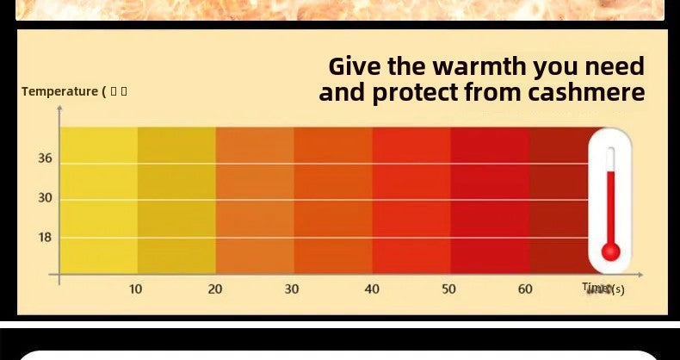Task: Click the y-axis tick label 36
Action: (x=45, y=158)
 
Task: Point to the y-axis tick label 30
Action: (x=45, y=198)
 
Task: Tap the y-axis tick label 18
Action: (x=45, y=237)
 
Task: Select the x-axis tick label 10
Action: (x=136, y=289)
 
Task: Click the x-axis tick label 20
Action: (x=215, y=289)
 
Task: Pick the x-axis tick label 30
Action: (x=292, y=289)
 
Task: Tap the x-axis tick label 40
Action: (x=372, y=289)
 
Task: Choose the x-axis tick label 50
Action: (x=449, y=289)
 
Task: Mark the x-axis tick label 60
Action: (x=525, y=289)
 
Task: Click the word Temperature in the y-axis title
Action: (x=59, y=91)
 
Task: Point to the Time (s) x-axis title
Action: (x=603, y=289)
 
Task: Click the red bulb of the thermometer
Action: (x=611, y=251)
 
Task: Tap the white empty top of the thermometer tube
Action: (x=611, y=158)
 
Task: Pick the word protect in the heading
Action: (x=417, y=92)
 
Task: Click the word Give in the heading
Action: (x=355, y=66)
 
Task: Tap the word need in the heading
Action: (x=615, y=66)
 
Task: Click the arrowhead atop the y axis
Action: (x=59, y=109)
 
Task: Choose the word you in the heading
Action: (x=557, y=66)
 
